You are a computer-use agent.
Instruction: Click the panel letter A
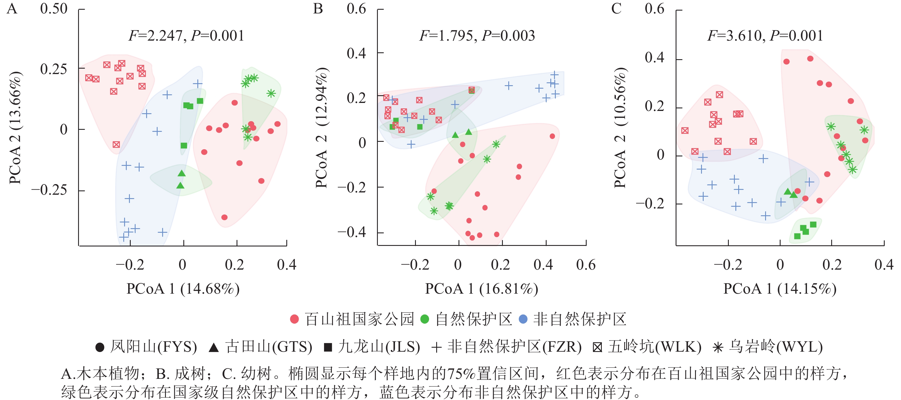12,8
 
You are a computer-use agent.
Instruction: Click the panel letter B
317,8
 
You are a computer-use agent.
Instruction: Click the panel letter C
616,8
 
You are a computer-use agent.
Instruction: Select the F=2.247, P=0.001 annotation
186,36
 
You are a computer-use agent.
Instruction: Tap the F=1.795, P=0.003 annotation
477,36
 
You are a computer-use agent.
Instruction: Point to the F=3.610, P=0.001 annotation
765,36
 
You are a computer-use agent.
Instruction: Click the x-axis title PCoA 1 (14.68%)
183,289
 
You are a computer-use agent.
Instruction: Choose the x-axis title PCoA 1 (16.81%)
481,289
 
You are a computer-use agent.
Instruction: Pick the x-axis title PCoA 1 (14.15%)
780,289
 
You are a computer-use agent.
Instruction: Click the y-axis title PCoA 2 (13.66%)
15,128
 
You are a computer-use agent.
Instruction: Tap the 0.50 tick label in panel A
53,9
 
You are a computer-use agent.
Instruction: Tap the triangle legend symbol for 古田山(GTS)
213,348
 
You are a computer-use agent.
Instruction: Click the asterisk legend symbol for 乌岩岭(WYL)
718,348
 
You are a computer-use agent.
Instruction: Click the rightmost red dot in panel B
552,136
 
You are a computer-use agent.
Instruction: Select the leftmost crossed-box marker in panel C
685,131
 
